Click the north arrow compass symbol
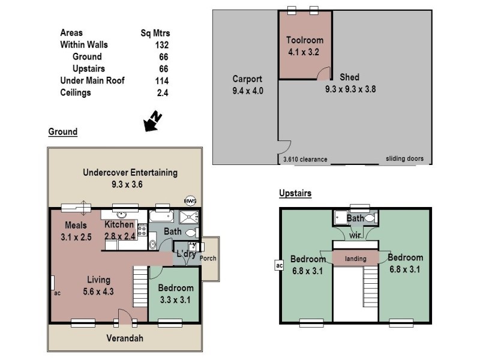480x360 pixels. (151, 121)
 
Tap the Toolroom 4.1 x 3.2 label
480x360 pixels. (304, 46)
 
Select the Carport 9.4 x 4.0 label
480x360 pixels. (247, 85)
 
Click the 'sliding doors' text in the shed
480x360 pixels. (405, 159)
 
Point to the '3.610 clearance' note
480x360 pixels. (305, 160)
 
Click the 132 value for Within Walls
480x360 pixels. (161, 45)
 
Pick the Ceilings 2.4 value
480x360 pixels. (162, 92)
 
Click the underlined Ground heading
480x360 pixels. (62, 132)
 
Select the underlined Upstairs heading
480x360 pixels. (295, 193)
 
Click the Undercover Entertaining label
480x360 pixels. (130, 178)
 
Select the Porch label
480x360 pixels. (209, 259)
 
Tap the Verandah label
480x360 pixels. (125, 338)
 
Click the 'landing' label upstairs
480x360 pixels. (355, 259)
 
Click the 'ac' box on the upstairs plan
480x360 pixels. (278, 265)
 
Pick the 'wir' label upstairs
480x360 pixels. (355, 235)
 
